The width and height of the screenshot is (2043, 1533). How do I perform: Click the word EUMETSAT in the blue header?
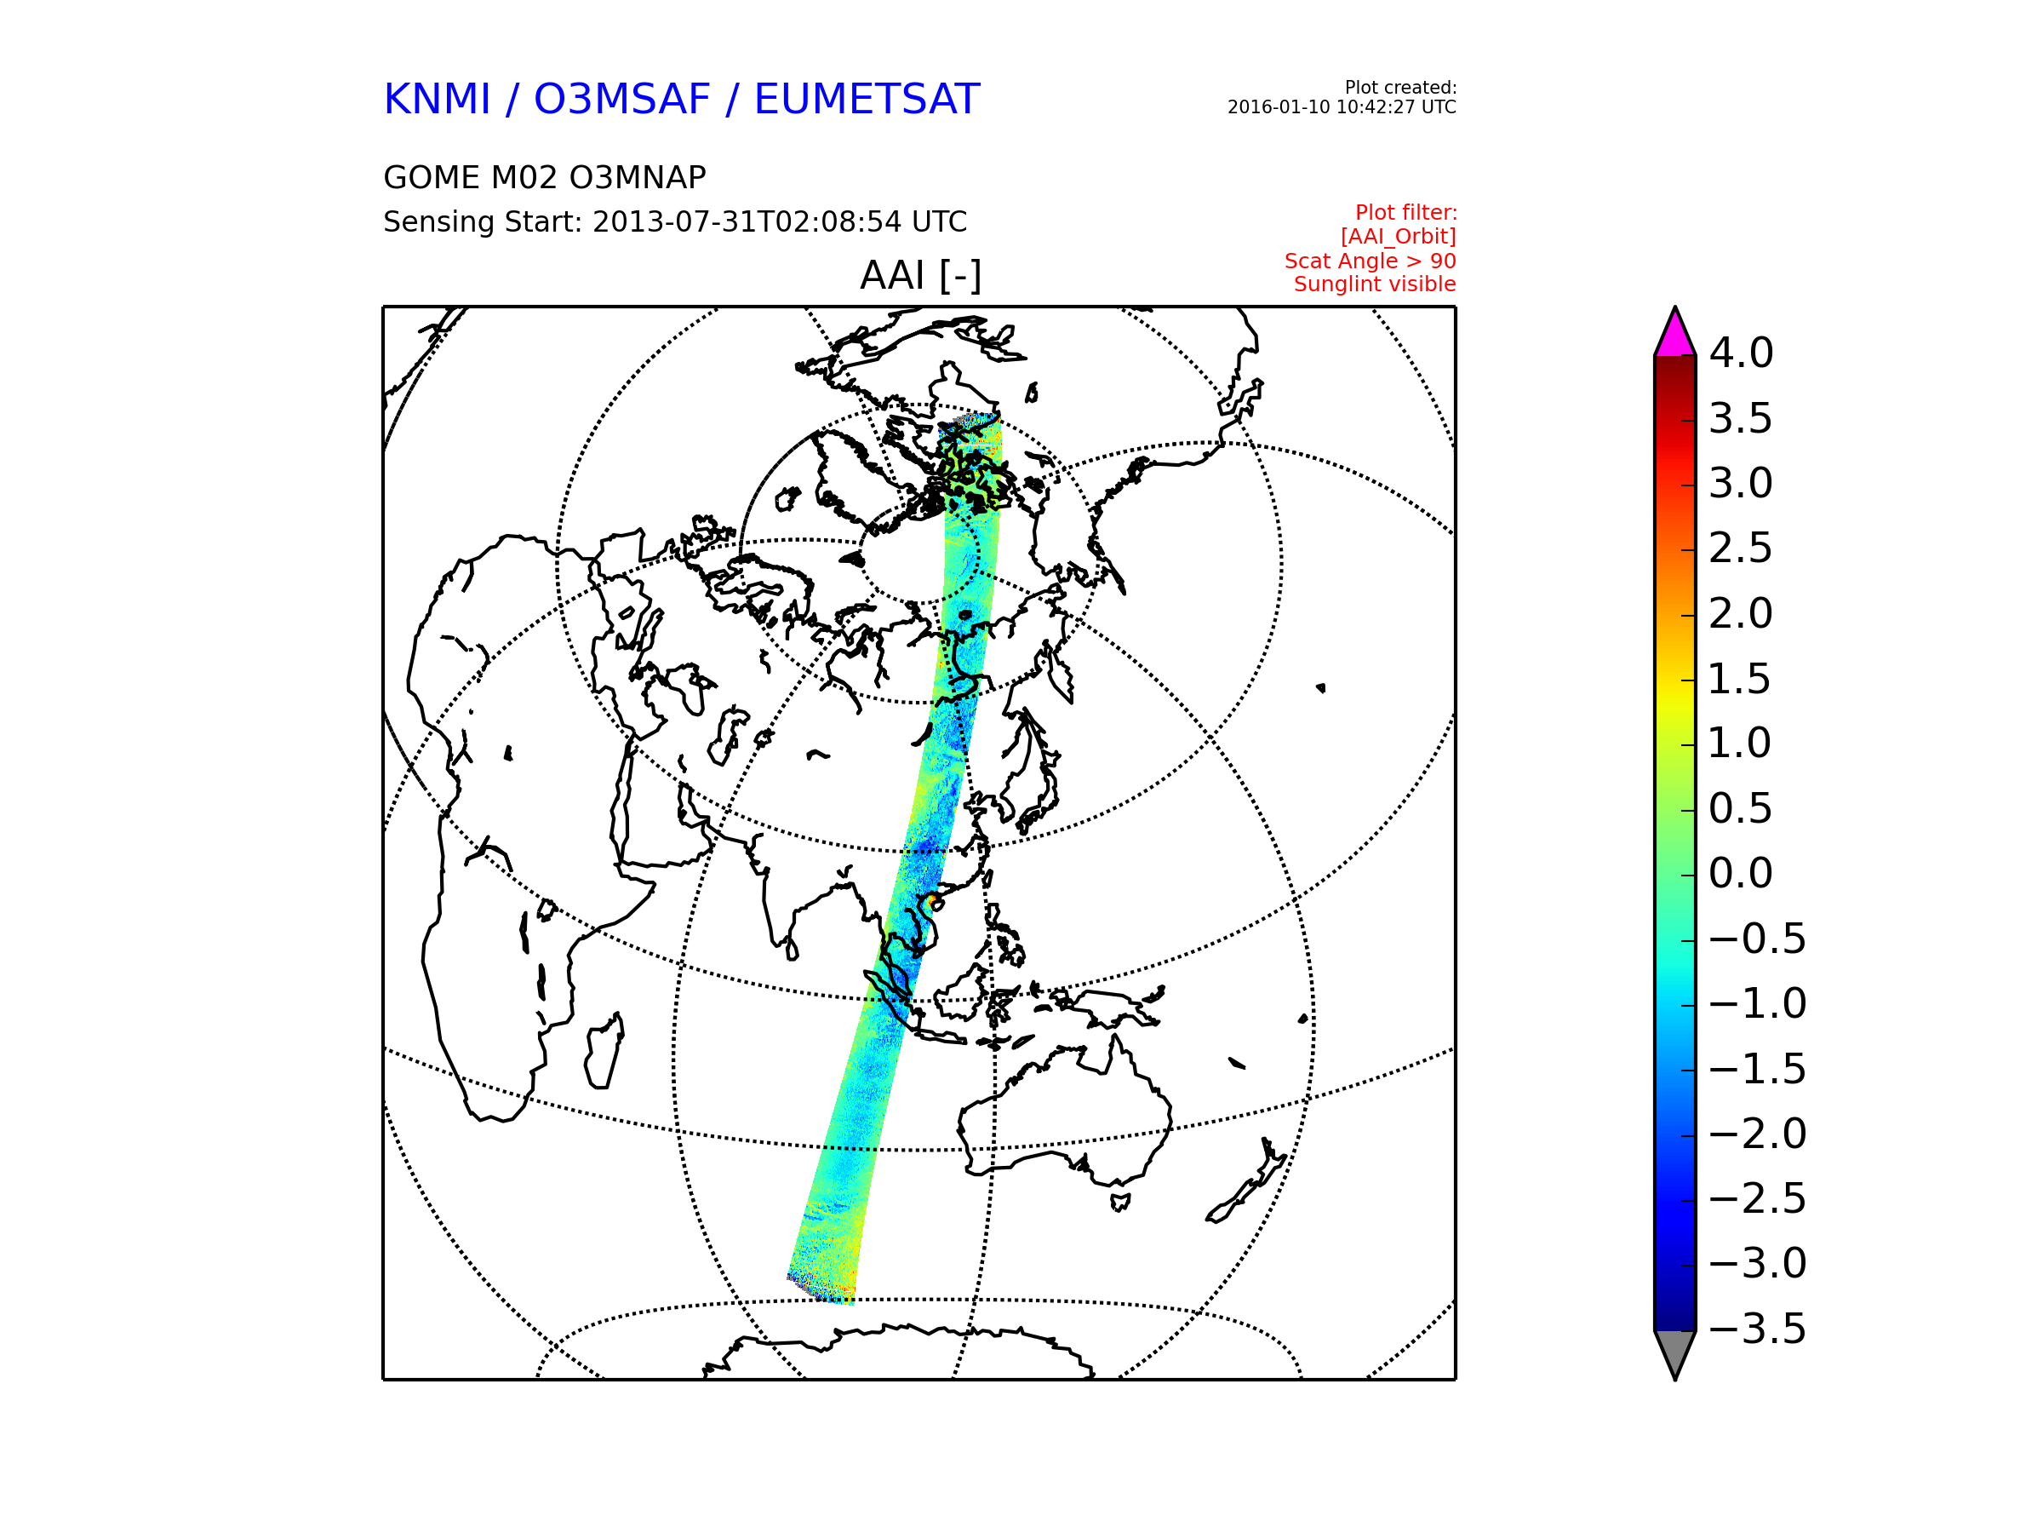[867, 100]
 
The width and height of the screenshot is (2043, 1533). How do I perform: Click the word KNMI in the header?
[437, 100]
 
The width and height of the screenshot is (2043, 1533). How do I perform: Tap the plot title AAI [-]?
[920, 275]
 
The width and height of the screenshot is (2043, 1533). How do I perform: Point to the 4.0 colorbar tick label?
[1741, 353]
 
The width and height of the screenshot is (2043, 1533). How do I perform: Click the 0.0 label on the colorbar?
[1741, 873]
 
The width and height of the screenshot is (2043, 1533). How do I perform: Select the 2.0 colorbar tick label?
[1741, 613]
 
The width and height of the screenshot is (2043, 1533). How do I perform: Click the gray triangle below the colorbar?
[1675, 1351]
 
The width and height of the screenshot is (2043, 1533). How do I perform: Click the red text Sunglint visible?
[1374, 284]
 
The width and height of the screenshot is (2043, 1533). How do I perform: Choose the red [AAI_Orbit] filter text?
[1399, 238]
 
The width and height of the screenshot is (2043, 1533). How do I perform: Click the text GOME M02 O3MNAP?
[545, 177]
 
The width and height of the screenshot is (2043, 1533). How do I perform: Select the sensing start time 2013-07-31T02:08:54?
[748, 221]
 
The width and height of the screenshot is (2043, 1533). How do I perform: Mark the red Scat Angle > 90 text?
[1370, 261]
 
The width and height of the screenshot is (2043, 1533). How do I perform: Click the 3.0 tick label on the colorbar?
[1741, 483]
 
